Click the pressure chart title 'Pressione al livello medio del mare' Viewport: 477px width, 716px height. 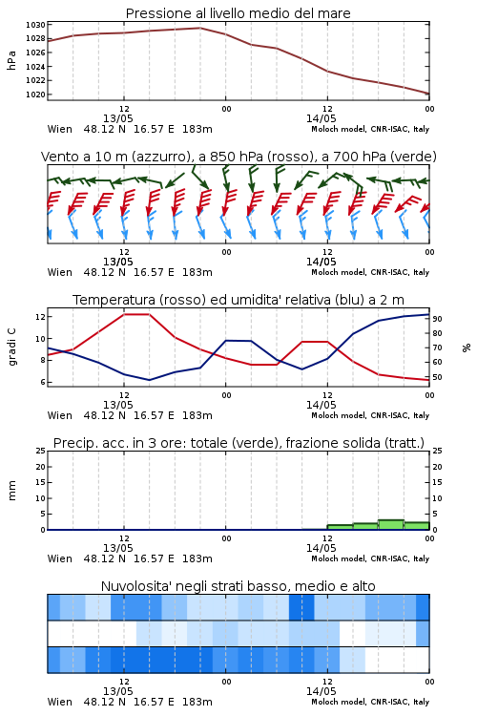(238, 13)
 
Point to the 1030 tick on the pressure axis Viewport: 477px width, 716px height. (35, 25)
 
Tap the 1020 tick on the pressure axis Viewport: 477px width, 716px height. (35, 95)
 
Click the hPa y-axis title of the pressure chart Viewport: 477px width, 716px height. (11, 60)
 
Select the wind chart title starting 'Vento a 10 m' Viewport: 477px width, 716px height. (238, 157)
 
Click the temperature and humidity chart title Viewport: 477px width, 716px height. (238, 300)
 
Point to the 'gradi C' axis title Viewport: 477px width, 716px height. (11, 347)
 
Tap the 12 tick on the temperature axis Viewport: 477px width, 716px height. (40, 316)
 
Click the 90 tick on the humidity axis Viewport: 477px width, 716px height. (437, 319)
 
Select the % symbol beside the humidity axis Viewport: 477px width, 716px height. (467, 347)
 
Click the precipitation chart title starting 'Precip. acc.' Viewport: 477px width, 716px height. (238, 443)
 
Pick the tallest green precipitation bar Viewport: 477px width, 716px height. (391, 525)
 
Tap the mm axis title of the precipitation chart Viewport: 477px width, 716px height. (11, 491)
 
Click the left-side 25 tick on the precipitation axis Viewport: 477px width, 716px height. (40, 451)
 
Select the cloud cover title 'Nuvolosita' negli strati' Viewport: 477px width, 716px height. (238, 586)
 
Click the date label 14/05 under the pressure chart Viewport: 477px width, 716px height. (321, 118)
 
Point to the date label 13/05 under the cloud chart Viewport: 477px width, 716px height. (117, 691)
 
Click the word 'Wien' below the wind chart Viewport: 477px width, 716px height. (60, 272)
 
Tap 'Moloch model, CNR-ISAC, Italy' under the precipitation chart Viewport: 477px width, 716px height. (370, 558)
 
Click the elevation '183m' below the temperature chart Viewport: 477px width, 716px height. (197, 415)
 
